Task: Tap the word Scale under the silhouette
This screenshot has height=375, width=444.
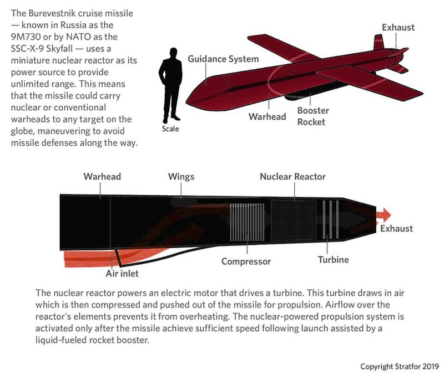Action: pyautogui.click(x=171, y=130)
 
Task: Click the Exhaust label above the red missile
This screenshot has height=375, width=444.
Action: pyautogui.click(x=398, y=27)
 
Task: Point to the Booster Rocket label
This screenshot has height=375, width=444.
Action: pyautogui.click(x=313, y=116)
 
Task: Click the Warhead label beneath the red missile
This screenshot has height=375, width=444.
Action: pyautogui.click(x=267, y=117)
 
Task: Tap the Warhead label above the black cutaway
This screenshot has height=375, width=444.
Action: pyautogui.click(x=102, y=177)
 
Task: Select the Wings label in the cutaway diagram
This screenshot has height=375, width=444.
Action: pyautogui.click(x=181, y=177)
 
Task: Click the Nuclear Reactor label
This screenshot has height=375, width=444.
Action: pyautogui.click(x=292, y=177)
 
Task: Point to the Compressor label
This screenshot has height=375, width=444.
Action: pyautogui.click(x=246, y=261)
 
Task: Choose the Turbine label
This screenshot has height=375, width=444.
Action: pyautogui.click(x=333, y=259)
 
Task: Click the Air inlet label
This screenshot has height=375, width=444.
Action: pyautogui.click(x=122, y=273)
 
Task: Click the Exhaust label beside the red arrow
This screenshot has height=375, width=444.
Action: pyautogui.click(x=396, y=228)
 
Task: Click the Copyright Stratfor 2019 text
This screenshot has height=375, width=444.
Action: pyautogui.click(x=399, y=366)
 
